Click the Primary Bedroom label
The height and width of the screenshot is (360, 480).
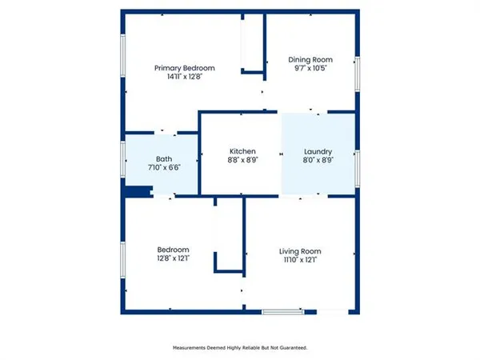pos(185,69)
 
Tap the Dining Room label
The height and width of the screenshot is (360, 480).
pos(310,60)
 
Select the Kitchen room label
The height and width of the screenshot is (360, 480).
pos(242,151)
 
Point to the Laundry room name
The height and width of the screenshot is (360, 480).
pos(318,151)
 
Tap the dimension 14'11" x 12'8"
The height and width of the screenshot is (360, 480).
pos(185,78)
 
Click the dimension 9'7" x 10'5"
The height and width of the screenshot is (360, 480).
pos(310,69)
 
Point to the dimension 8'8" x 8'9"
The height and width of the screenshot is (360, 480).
pos(242,160)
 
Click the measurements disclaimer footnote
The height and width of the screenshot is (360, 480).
pos(240,348)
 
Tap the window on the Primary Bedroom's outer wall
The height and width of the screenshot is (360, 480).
pos(122,60)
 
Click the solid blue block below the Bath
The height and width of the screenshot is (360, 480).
pos(138,191)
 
